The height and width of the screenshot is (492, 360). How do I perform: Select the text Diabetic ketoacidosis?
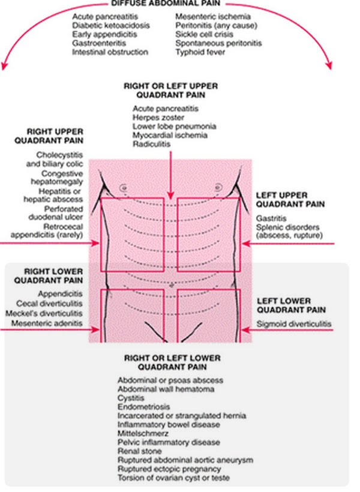pyautogui.click(x=110, y=26)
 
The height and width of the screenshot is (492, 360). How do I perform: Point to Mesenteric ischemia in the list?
pyautogui.click(x=213, y=17)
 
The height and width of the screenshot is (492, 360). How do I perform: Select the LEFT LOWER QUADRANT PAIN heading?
pyautogui.click(x=291, y=305)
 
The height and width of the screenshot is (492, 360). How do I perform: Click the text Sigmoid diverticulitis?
pyautogui.click(x=293, y=325)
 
